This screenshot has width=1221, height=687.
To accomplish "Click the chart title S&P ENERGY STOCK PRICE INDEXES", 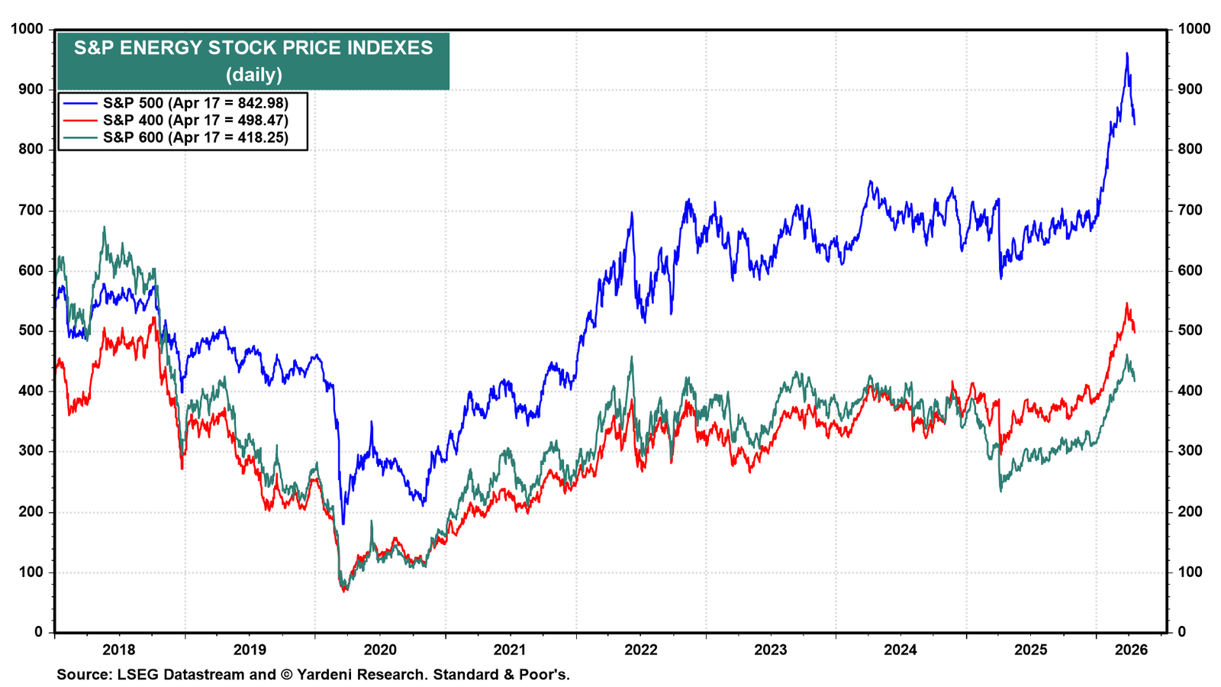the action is tap(253, 48).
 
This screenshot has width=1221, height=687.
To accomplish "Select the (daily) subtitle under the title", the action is tap(254, 74).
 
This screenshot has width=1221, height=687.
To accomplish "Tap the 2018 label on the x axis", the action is tap(119, 650).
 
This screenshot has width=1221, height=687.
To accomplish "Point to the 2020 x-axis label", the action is tap(380, 650).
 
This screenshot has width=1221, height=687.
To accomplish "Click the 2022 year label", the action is tap(641, 650).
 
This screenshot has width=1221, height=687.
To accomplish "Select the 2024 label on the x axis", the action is tap(900, 650).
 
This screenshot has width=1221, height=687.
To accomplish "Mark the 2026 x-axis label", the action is tap(1131, 650).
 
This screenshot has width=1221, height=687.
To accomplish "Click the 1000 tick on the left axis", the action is tap(27, 29).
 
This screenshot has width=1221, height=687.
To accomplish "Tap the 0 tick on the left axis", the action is tap(39, 633).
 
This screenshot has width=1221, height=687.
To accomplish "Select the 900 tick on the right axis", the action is tap(1190, 89).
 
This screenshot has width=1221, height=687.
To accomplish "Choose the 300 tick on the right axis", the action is tap(1190, 451).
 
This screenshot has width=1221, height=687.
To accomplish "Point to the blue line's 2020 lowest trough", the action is tap(343, 524).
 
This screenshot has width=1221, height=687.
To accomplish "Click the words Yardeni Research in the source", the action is tap(362, 675).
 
